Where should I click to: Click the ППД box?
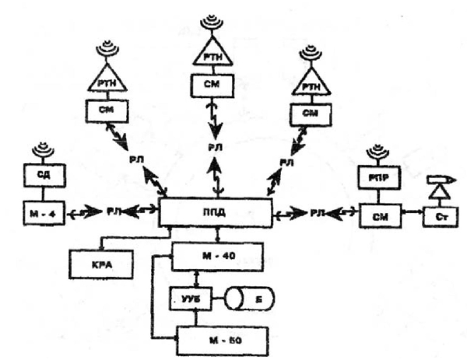point(215,211)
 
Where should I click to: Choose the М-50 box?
point(223,340)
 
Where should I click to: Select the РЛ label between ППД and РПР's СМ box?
point(316,211)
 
